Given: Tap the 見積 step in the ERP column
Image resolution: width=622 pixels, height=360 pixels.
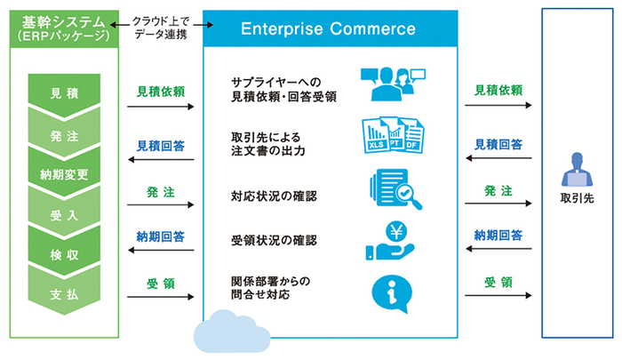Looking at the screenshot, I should click(64, 92).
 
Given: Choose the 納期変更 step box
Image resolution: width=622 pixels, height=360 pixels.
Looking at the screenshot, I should click(64, 173).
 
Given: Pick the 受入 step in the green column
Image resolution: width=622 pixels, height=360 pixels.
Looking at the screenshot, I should click(64, 214).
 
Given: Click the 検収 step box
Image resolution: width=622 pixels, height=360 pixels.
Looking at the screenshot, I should click(64, 255).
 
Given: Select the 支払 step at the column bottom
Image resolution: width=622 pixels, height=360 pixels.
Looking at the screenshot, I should click(64, 295).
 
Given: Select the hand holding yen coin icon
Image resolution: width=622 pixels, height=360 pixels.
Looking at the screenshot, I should click(388, 241).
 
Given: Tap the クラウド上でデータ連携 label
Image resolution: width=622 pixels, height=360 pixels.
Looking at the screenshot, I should click(161, 27).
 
